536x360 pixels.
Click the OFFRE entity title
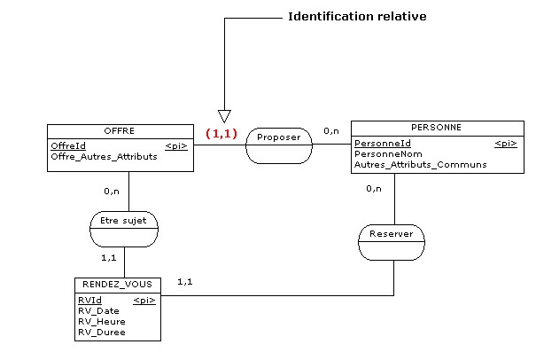pos(120,130)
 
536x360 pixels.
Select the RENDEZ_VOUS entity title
pos(118,285)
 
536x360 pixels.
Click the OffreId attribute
pos(68,145)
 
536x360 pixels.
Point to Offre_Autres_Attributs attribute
pos(104,156)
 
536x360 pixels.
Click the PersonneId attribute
pos(383,143)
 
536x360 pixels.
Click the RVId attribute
pos(89,301)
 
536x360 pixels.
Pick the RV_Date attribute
pos(98,311)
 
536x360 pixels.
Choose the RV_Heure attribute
pos(101,322)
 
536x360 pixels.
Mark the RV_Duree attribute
pos(101,333)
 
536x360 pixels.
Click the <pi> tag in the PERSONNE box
pos(505,143)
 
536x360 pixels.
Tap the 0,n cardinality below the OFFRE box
pos(112,190)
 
